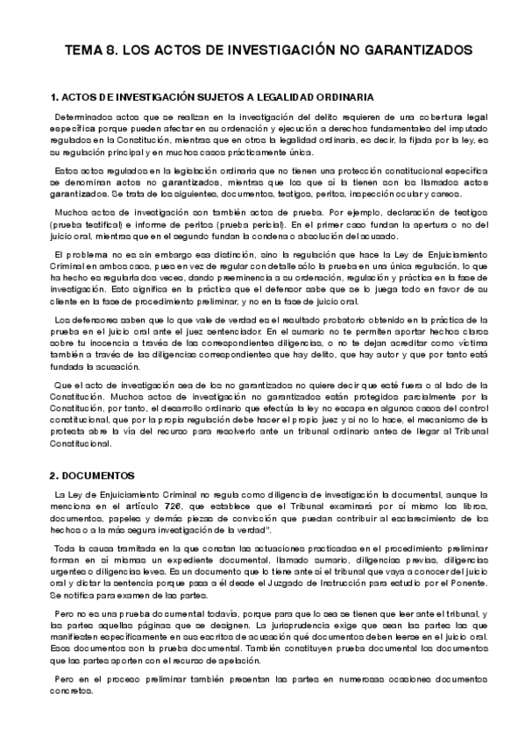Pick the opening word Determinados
pos(82,116)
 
